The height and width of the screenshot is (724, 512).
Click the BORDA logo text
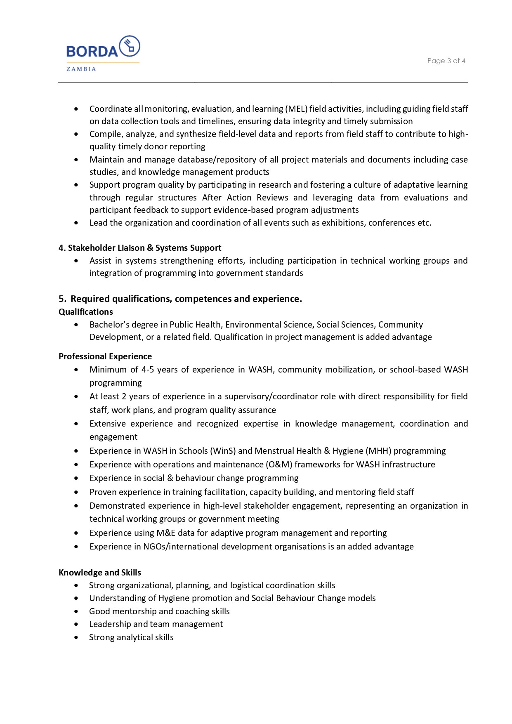click(92, 51)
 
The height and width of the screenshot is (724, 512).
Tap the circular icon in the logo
click(130, 46)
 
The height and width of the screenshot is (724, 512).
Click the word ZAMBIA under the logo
click(81, 69)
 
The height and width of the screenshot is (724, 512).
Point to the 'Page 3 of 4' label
click(446, 61)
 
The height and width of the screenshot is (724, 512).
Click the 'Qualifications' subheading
click(86, 312)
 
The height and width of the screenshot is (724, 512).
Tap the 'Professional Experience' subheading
click(105, 356)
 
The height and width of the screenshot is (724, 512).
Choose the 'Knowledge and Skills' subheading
click(100, 573)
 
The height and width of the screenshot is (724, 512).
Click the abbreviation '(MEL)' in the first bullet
click(296, 109)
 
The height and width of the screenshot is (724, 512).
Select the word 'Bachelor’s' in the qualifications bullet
click(108, 325)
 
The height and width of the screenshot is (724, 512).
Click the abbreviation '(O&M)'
click(279, 465)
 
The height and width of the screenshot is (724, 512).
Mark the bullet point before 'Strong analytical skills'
click(76, 637)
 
